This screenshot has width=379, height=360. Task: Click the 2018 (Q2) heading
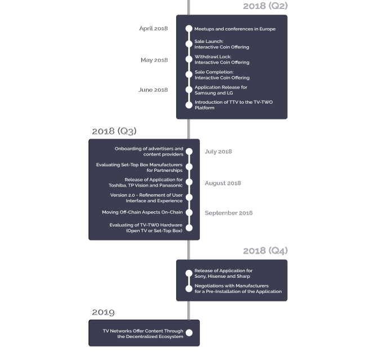pyautogui.click(x=265, y=6)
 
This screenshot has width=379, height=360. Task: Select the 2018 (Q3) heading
pyautogui.click(x=114, y=131)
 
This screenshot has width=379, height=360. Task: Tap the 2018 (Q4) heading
pyautogui.click(x=265, y=251)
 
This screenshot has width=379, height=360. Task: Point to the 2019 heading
pyautogui.click(x=103, y=312)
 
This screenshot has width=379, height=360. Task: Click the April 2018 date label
pyautogui.click(x=154, y=29)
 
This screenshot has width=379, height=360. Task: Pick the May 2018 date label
pyautogui.click(x=154, y=60)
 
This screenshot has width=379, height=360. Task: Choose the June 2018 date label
pyautogui.click(x=153, y=90)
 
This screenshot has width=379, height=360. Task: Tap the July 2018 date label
pyautogui.click(x=219, y=152)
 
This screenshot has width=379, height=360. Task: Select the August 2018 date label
pyautogui.click(x=223, y=183)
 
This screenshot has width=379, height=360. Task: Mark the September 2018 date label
pyautogui.click(x=229, y=213)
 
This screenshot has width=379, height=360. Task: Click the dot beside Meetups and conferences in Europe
pyautogui.click(x=189, y=29)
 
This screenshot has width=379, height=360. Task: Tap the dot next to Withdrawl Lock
pyautogui.click(x=189, y=59)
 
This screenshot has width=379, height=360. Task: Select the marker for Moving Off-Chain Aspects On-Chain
pyautogui.click(x=189, y=212)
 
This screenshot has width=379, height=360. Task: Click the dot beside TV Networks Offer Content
pyautogui.click(x=189, y=333)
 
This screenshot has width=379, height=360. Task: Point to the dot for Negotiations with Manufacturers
pyautogui.click(x=189, y=288)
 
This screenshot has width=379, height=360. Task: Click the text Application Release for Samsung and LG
pyautogui.click(x=221, y=90)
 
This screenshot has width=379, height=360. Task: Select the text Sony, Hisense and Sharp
pyautogui.click(x=222, y=276)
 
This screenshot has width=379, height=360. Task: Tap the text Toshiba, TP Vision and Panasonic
pyautogui.click(x=145, y=185)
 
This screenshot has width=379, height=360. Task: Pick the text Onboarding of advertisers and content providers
pyautogui.click(x=149, y=152)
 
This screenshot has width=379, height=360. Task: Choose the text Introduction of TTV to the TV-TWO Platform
pyautogui.click(x=234, y=105)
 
